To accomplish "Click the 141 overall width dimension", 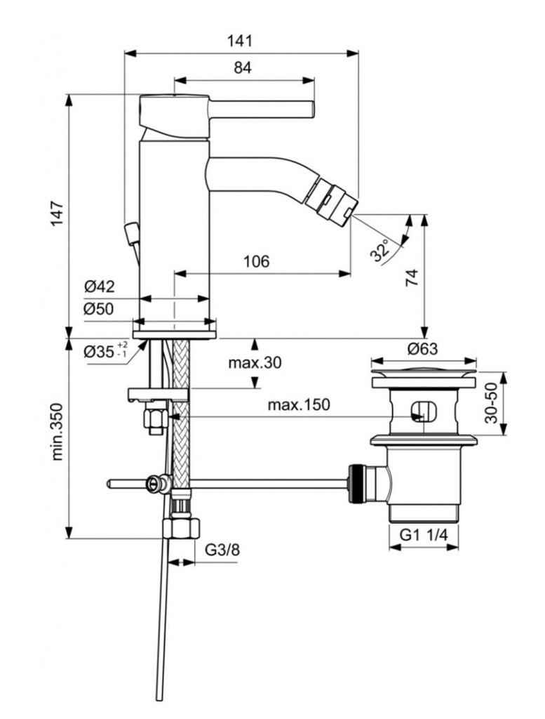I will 239,41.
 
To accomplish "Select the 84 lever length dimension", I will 243,67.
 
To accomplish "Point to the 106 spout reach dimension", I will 256,261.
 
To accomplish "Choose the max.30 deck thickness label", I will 255,363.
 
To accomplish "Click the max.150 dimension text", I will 298,405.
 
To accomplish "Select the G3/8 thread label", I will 222,550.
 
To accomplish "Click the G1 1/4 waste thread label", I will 424,535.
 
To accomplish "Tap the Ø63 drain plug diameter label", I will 424,348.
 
